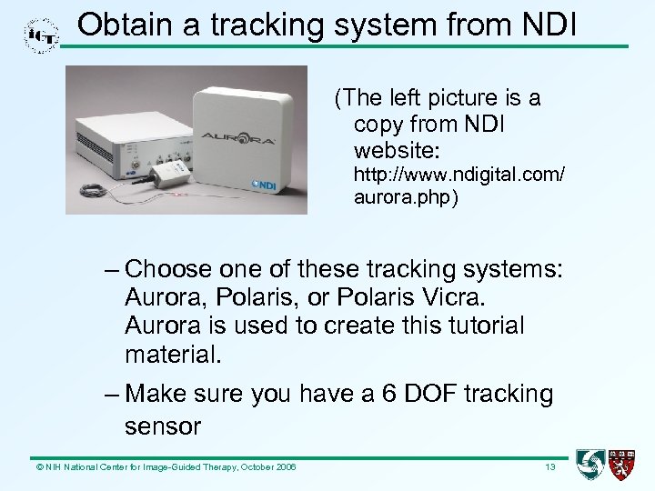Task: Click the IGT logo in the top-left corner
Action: [x=41, y=35]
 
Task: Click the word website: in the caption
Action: [x=397, y=148]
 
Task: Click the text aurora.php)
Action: [x=405, y=198]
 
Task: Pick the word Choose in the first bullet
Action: [x=168, y=270]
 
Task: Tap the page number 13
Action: [x=549, y=467]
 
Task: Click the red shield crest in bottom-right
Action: [x=622, y=465]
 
